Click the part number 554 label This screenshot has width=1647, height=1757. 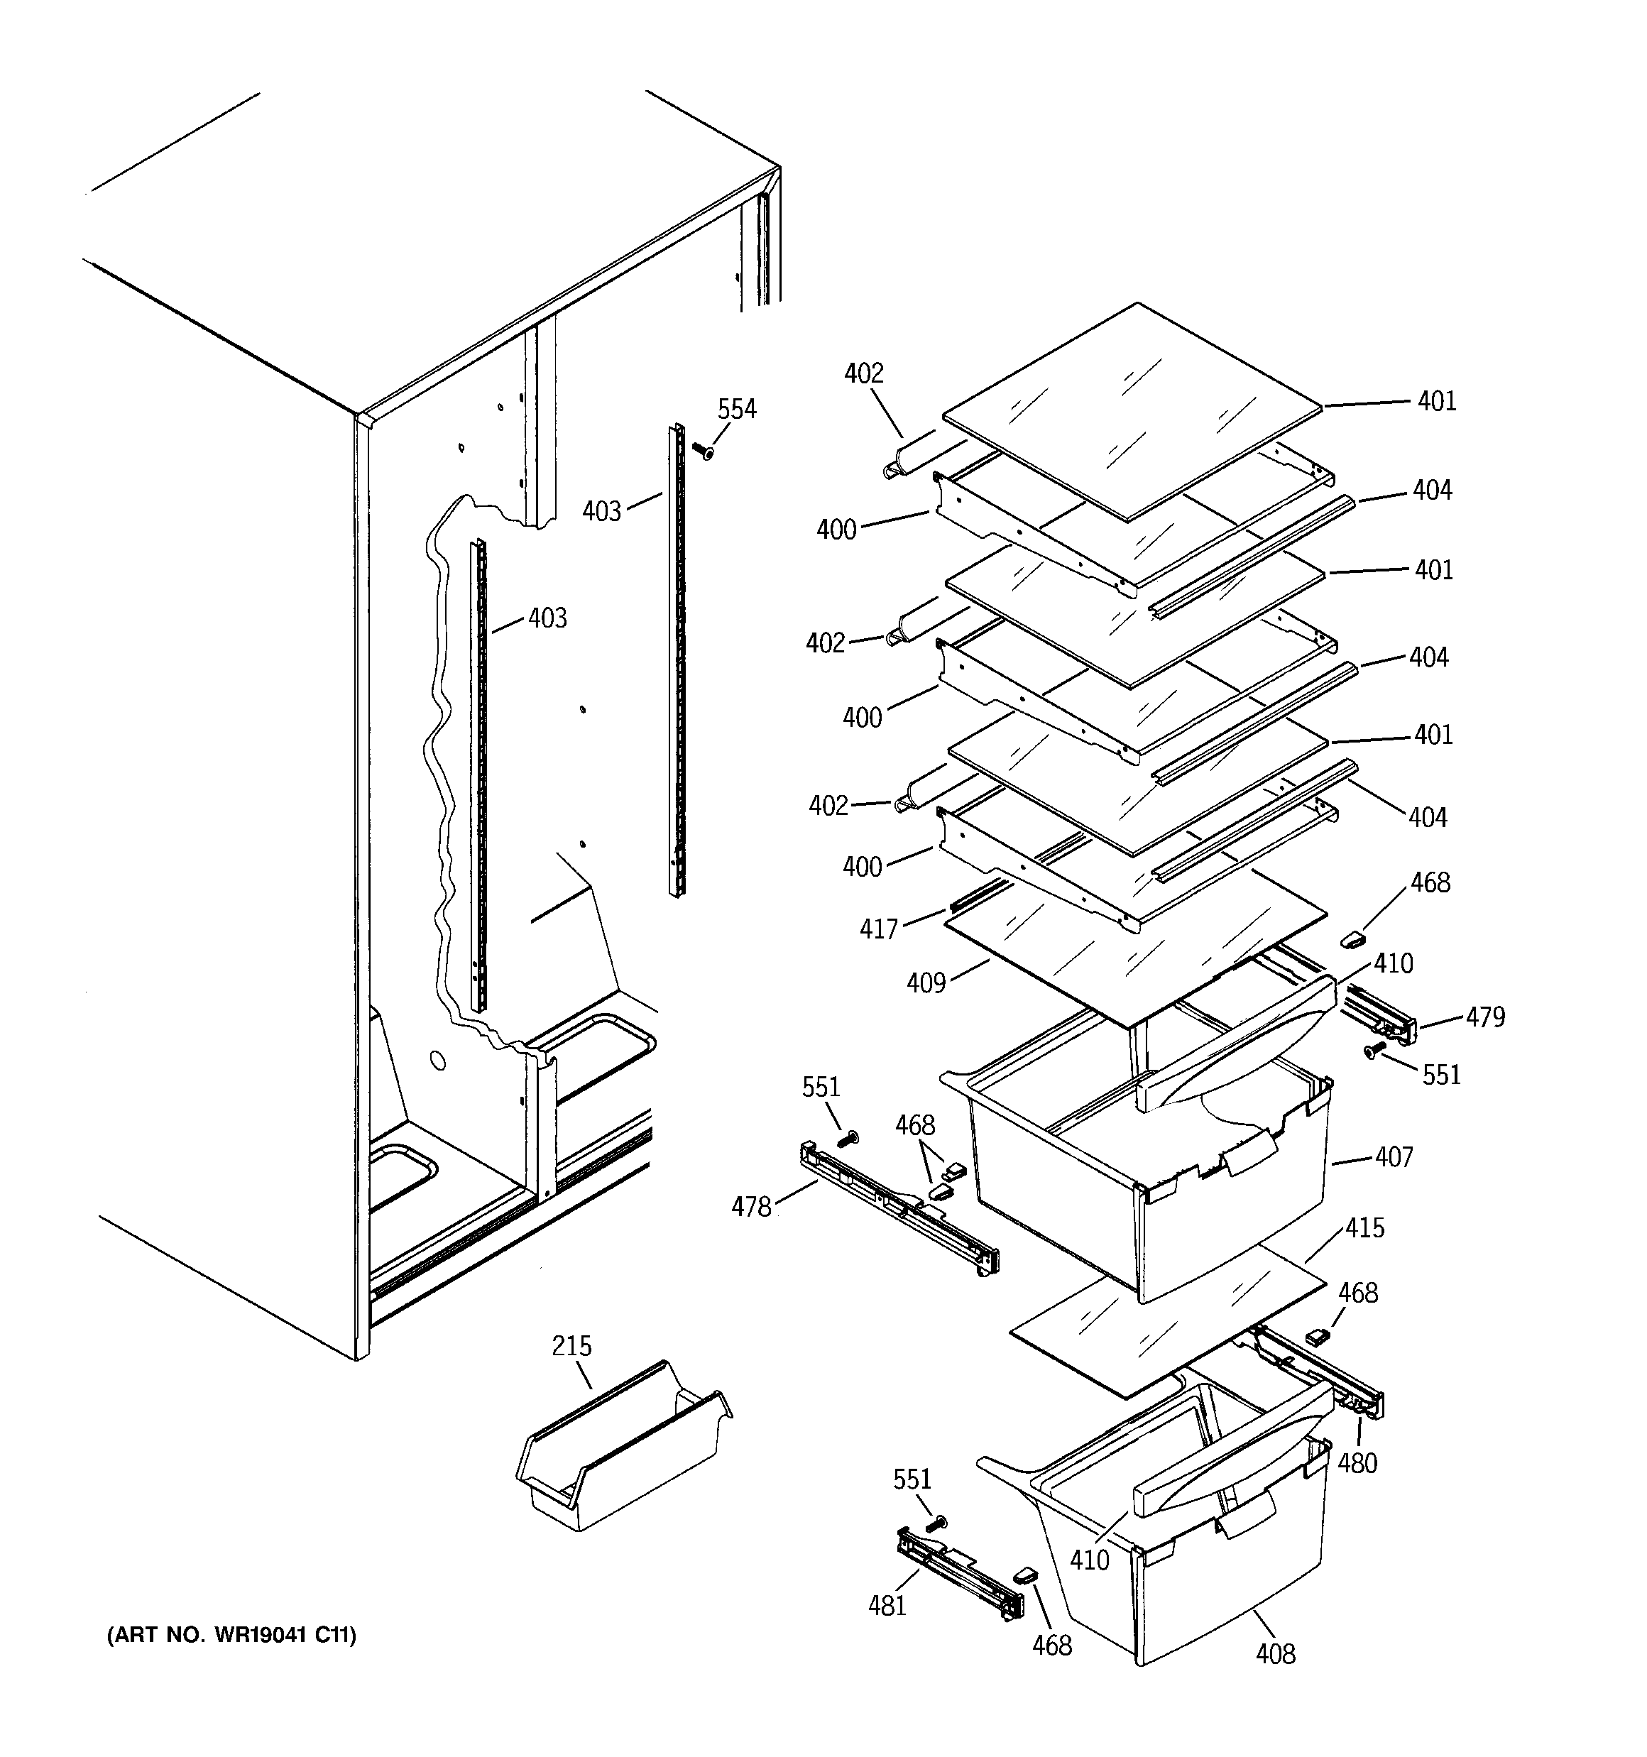(736, 409)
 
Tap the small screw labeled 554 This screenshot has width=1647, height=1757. (705, 451)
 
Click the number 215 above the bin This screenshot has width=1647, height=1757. (571, 1345)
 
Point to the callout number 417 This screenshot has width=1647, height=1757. (879, 928)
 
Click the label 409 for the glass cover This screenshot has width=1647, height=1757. (926, 982)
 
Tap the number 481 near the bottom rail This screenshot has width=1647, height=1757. (887, 1605)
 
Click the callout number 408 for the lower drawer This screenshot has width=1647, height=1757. (1275, 1653)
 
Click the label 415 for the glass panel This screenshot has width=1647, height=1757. (1364, 1227)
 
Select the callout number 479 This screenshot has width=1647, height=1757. (1485, 1017)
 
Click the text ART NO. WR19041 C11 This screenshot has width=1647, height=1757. (231, 1635)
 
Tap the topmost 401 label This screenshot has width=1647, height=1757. (1437, 401)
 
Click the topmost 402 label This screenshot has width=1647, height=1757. (864, 374)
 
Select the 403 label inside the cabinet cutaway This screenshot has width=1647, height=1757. (547, 618)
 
